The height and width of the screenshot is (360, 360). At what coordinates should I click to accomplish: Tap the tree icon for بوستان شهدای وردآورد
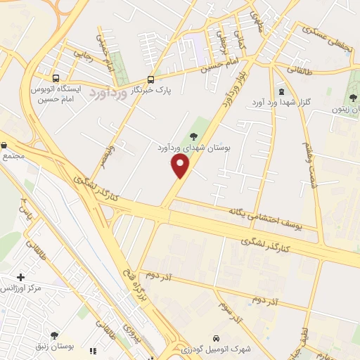point(194,136)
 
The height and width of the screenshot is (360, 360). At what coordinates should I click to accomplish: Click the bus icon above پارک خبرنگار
point(150,79)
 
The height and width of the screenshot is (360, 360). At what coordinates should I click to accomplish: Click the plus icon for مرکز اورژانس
point(20,278)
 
